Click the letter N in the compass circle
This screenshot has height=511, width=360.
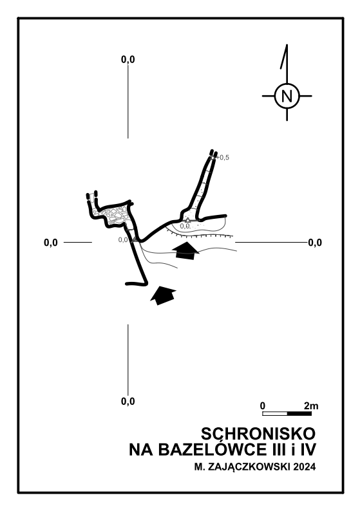[287, 97]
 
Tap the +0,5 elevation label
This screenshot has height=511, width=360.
[223, 158]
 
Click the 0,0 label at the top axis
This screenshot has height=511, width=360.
[128, 60]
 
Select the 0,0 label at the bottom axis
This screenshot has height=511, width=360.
[128, 401]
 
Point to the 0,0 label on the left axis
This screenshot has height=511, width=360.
[51, 243]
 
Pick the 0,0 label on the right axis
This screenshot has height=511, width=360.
[315, 243]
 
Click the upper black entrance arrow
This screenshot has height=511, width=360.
[185, 250]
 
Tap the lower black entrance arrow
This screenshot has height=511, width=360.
[163, 295]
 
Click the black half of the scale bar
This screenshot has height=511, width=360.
[299, 414]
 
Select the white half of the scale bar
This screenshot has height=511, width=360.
[275, 414]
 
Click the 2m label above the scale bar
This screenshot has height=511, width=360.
[311, 406]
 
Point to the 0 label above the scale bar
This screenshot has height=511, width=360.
[263, 406]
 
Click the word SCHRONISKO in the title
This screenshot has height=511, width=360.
[258, 434]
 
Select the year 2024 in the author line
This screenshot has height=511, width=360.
[305, 467]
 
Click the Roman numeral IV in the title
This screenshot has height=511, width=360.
[308, 450]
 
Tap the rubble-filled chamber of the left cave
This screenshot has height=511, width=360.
[114, 215]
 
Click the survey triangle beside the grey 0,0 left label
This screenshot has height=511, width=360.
[134, 240]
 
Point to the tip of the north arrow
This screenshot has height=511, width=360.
[287, 44]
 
